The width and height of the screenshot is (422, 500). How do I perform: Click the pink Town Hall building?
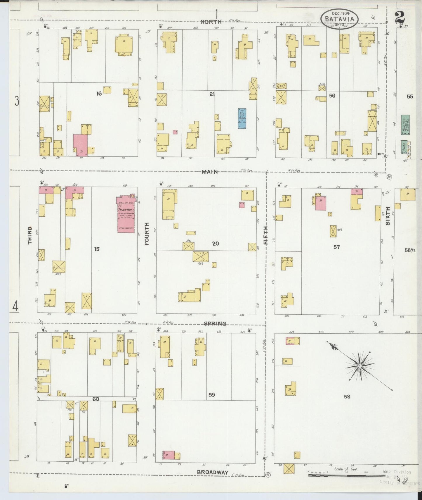pos(126,215)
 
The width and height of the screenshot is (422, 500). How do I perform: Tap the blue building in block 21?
pos(242,118)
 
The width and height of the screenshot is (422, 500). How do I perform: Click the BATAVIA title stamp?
pos(339,19)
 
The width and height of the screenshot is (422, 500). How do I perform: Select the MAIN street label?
pos(209,172)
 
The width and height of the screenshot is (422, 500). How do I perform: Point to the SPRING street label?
pos(215,323)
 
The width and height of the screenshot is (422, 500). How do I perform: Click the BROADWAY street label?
pos(212,472)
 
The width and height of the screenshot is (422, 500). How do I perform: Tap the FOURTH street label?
pos(147,234)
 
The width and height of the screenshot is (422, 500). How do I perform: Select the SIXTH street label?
pos(388,216)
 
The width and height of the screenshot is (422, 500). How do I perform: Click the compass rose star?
pos(360,366)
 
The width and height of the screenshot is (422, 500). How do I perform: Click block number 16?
pos(99,94)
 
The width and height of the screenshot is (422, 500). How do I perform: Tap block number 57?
pos(336,247)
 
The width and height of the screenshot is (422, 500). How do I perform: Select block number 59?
pos(212,395)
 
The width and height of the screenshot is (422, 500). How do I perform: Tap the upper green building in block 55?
pos(405,125)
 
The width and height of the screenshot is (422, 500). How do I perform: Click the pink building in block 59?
pos(169,455)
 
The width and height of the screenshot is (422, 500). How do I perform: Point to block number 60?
pos(96,399)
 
